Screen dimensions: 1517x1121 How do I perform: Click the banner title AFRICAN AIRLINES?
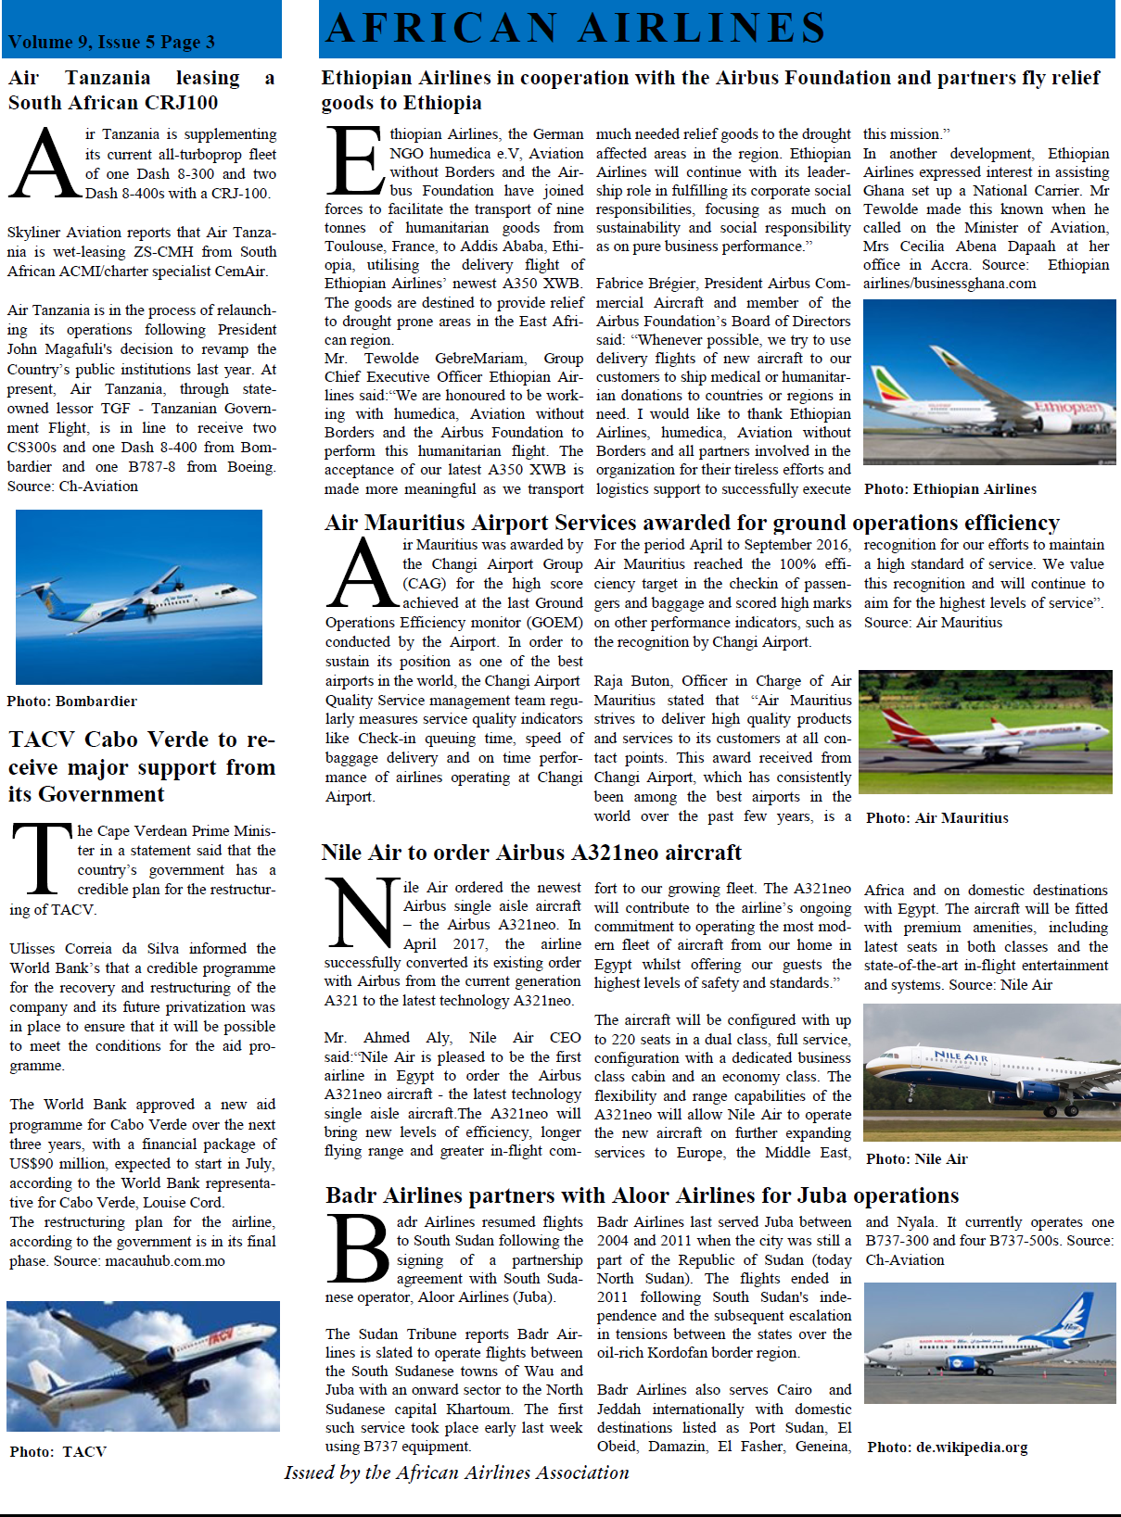[x=576, y=28]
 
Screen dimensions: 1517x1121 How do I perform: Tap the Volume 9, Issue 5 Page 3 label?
[x=111, y=42]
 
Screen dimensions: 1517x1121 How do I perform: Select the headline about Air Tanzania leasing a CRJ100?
[x=141, y=90]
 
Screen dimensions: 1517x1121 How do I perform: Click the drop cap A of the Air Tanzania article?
[x=45, y=165]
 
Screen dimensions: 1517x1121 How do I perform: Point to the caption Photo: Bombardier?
[x=71, y=702]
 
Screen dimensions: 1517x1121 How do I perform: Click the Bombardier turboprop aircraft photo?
[x=139, y=597]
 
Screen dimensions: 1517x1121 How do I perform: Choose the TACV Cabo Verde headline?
[x=142, y=766]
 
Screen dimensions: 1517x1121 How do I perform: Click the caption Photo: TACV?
[x=57, y=1452]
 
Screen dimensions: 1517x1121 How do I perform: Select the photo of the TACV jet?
[x=143, y=1366]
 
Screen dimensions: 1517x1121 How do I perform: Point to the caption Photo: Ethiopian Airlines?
[x=950, y=489]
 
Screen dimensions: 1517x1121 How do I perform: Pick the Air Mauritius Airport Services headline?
[x=692, y=523]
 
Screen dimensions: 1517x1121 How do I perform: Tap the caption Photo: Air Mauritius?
[x=936, y=818]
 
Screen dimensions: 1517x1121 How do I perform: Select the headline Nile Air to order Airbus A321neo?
[x=531, y=853]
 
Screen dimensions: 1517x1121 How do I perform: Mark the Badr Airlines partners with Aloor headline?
[x=642, y=1195]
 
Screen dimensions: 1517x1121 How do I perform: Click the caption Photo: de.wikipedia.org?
[x=947, y=1447]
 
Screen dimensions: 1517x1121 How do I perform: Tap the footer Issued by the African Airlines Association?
[x=456, y=1473]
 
